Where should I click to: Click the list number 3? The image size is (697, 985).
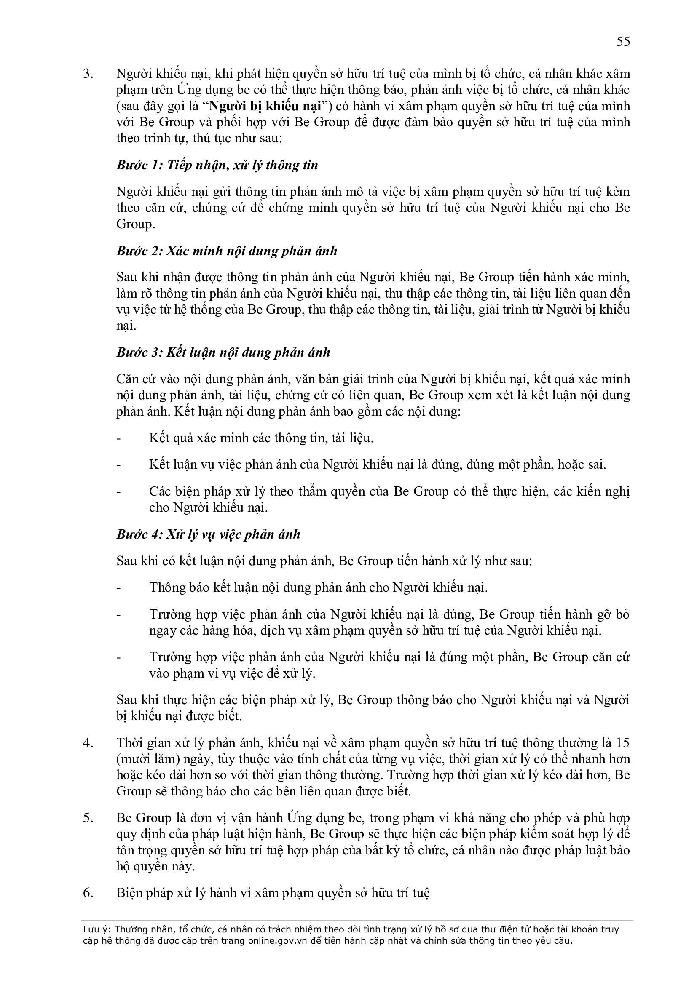[88, 74]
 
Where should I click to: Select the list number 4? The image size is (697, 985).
[88, 742]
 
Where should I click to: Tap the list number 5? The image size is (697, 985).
[88, 818]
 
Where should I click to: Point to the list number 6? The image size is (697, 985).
[88, 893]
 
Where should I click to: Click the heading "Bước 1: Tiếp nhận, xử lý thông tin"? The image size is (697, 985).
[217, 166]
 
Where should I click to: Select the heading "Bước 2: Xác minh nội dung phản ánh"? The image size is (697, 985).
[227, 251]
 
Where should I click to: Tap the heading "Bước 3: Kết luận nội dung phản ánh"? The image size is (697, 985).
[223, 352]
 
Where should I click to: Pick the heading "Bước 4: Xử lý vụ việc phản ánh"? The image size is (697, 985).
[208, 534]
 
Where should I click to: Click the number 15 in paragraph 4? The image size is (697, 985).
[623, 742]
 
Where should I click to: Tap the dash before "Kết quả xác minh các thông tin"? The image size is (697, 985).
[119, 438]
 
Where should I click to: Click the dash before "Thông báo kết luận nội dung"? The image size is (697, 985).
[119, 588]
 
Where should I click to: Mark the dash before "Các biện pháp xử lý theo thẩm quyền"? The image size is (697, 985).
[119, 491]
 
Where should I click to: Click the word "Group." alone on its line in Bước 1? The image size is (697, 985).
[135, 224]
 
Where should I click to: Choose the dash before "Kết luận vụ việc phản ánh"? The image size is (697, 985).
[119, 465]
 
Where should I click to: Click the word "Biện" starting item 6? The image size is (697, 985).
[129, 893]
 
